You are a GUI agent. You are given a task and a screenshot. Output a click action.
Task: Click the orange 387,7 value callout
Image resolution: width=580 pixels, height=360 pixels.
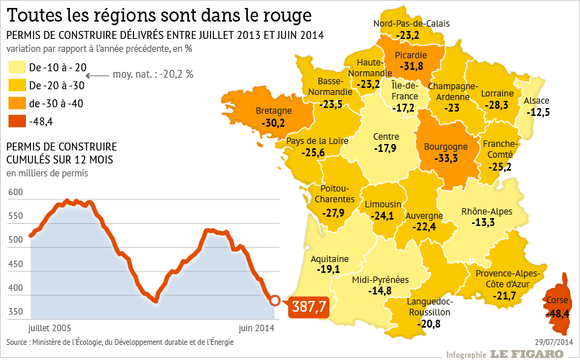pos(309,307)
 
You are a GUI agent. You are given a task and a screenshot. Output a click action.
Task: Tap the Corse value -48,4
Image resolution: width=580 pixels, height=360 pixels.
pos(557,314)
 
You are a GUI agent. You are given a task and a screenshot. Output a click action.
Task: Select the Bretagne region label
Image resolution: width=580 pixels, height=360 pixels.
pos(274,111)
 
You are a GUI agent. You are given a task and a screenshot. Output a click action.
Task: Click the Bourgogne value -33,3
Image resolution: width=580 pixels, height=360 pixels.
pos(447,158)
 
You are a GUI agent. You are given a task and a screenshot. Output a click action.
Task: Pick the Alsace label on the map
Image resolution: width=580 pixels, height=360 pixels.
pos(537,100)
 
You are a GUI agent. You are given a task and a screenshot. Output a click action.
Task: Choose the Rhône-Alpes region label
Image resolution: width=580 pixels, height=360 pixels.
pos(487,211)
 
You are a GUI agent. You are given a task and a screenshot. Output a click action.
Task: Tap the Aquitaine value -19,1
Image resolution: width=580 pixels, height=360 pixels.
pos(329,269)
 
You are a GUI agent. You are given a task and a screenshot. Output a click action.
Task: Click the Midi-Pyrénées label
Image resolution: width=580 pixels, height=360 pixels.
pos(380,279)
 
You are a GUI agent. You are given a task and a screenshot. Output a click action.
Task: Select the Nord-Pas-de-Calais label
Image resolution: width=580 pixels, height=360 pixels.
pos(411,23)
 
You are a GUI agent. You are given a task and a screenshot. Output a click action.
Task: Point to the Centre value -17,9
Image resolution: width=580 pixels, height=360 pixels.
pos(385,148)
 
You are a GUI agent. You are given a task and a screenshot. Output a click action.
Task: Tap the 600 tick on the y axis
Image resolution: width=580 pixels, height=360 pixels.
pos(15,193)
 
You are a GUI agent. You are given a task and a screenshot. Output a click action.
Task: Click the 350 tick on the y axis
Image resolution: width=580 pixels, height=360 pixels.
pos(15,312)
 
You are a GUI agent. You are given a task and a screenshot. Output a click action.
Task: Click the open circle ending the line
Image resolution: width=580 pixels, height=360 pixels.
pos(275,300)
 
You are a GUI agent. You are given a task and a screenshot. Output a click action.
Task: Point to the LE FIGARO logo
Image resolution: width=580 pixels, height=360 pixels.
pos(527,354)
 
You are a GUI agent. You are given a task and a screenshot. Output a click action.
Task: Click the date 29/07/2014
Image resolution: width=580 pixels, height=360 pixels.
pos(553,341)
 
